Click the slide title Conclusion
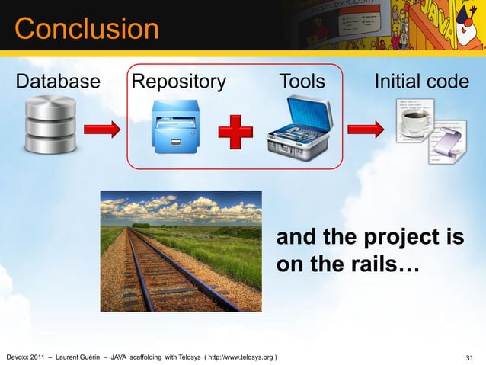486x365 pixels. pyautogui.click(x=86, y=30)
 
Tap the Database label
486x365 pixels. pyautogui.click(x=59, y=82)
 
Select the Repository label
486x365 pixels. pyautogui.click(x=178, y=82)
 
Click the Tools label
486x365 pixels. pyautogui.click(x=302, y=82)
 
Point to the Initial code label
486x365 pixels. pyautogui.click(x=420, y=82)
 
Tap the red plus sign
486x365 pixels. pyautogui.click(x=236, y=134)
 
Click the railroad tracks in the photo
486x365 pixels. pyautogui.click(x=165, y=274)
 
